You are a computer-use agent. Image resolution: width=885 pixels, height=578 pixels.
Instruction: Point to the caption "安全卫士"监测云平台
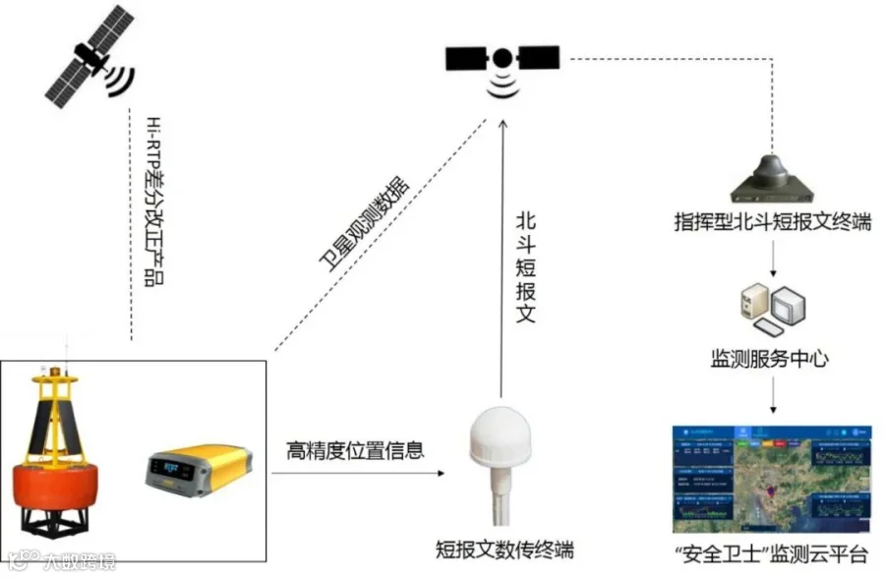pyautogui.click(x=770, y=552)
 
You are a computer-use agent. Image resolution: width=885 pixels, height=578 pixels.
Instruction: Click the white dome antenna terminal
pyautogui.click(x=502, y=443)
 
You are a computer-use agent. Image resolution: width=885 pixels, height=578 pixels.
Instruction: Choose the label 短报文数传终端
pyautogui.click(x=504, y=549)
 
